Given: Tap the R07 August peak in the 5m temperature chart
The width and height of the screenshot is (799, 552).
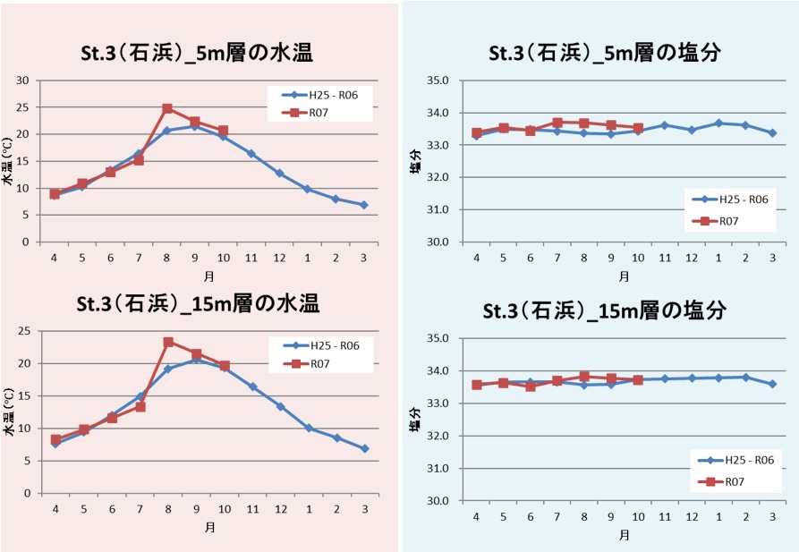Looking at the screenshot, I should [167, 108].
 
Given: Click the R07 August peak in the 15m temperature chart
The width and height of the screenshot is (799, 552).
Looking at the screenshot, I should [167, 342].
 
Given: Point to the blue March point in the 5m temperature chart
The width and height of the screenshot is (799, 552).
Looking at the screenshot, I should [364, 205].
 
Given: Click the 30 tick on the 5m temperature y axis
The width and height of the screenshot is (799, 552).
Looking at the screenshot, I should [24, 81].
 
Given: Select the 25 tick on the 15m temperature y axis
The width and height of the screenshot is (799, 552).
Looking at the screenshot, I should [24, 331].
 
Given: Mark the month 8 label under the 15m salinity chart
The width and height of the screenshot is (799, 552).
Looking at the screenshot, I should [584, 517].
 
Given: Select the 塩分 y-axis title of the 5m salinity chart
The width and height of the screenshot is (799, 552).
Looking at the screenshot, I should [414, 161].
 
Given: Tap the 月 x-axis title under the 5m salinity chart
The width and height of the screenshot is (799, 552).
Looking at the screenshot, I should [624, 276].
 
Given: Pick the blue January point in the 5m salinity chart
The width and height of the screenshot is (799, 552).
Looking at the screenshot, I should [718, 123].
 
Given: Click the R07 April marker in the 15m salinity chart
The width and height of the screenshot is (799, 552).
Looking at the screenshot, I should [477, 385].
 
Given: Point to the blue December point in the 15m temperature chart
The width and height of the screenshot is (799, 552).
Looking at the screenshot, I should [280, 406].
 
